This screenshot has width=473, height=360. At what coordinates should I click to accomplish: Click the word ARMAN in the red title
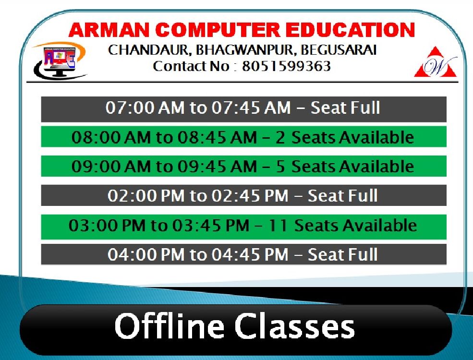coord(109,30)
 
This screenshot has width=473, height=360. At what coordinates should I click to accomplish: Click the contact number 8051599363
coord(286,66)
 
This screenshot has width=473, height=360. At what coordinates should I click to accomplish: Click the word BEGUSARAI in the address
coord(339,50)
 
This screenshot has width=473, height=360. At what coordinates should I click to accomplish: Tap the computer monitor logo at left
coord(60,61)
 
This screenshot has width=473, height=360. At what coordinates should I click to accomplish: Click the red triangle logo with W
coord(436,62)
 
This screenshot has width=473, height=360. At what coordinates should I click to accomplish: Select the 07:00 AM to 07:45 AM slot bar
coord(244,109)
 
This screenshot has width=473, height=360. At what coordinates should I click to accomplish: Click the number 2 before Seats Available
coord(280,137)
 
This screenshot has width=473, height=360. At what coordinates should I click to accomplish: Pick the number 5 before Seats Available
coord(280,167)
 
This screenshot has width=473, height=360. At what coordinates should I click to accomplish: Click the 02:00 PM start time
coord(146,196)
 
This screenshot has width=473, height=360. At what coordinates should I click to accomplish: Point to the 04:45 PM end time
coord(250,254)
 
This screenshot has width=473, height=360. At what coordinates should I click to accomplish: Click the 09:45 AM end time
coord(217,167)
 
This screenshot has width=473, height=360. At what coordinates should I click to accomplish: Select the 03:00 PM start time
coord(107,226)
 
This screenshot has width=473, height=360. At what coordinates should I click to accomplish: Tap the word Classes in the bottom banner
coord(295,327)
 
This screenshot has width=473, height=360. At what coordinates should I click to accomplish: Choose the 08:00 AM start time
coord(111,137)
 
